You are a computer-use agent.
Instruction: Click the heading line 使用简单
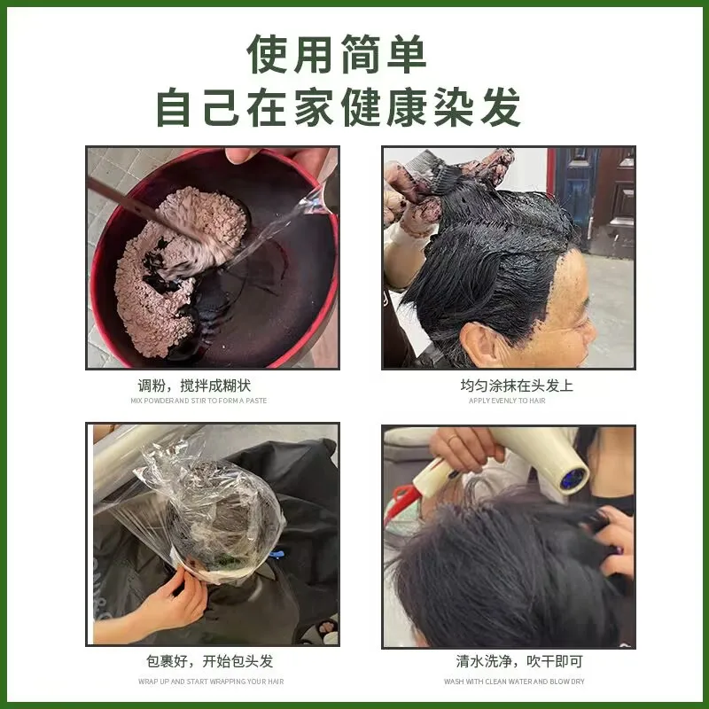[x=337, y=54]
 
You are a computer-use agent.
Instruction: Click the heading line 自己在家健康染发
[x=339, y=107]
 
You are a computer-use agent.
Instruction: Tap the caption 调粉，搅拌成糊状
[x=194, y=386]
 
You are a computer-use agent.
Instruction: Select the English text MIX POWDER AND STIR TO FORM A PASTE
[x=199, y=401]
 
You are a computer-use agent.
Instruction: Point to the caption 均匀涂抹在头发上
[x=517, y=386]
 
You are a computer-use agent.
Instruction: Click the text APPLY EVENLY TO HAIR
[x=507, y=401]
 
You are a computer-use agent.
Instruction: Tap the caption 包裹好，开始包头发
[x=210, y=661]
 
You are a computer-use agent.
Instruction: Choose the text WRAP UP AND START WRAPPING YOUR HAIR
[x=211, y=682]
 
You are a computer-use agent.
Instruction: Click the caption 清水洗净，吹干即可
[x=519, y=661]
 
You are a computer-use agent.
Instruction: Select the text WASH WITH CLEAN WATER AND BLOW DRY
[x=514, y=682]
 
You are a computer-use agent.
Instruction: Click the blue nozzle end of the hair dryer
[x=573, y=479]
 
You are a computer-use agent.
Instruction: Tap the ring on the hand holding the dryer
[x=452, y=440]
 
